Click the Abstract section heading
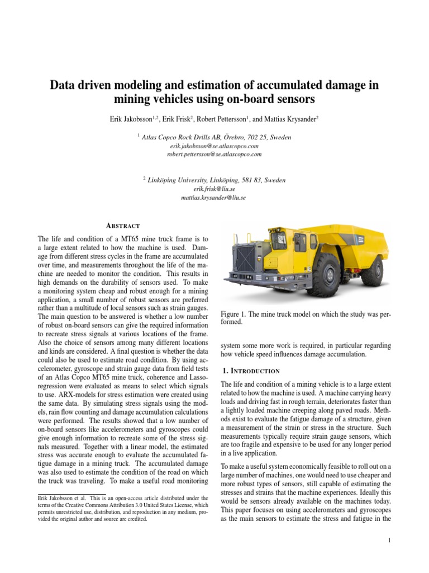(123, 226)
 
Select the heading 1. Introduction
(250, 370)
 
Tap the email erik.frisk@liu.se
(214, 189)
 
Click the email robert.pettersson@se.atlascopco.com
(214, 154)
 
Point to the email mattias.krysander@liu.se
(214, 198)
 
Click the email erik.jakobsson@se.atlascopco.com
(214, 145)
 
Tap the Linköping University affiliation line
(216, 180)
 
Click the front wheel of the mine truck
(323, 274)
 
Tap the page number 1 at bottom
(388, 541)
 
